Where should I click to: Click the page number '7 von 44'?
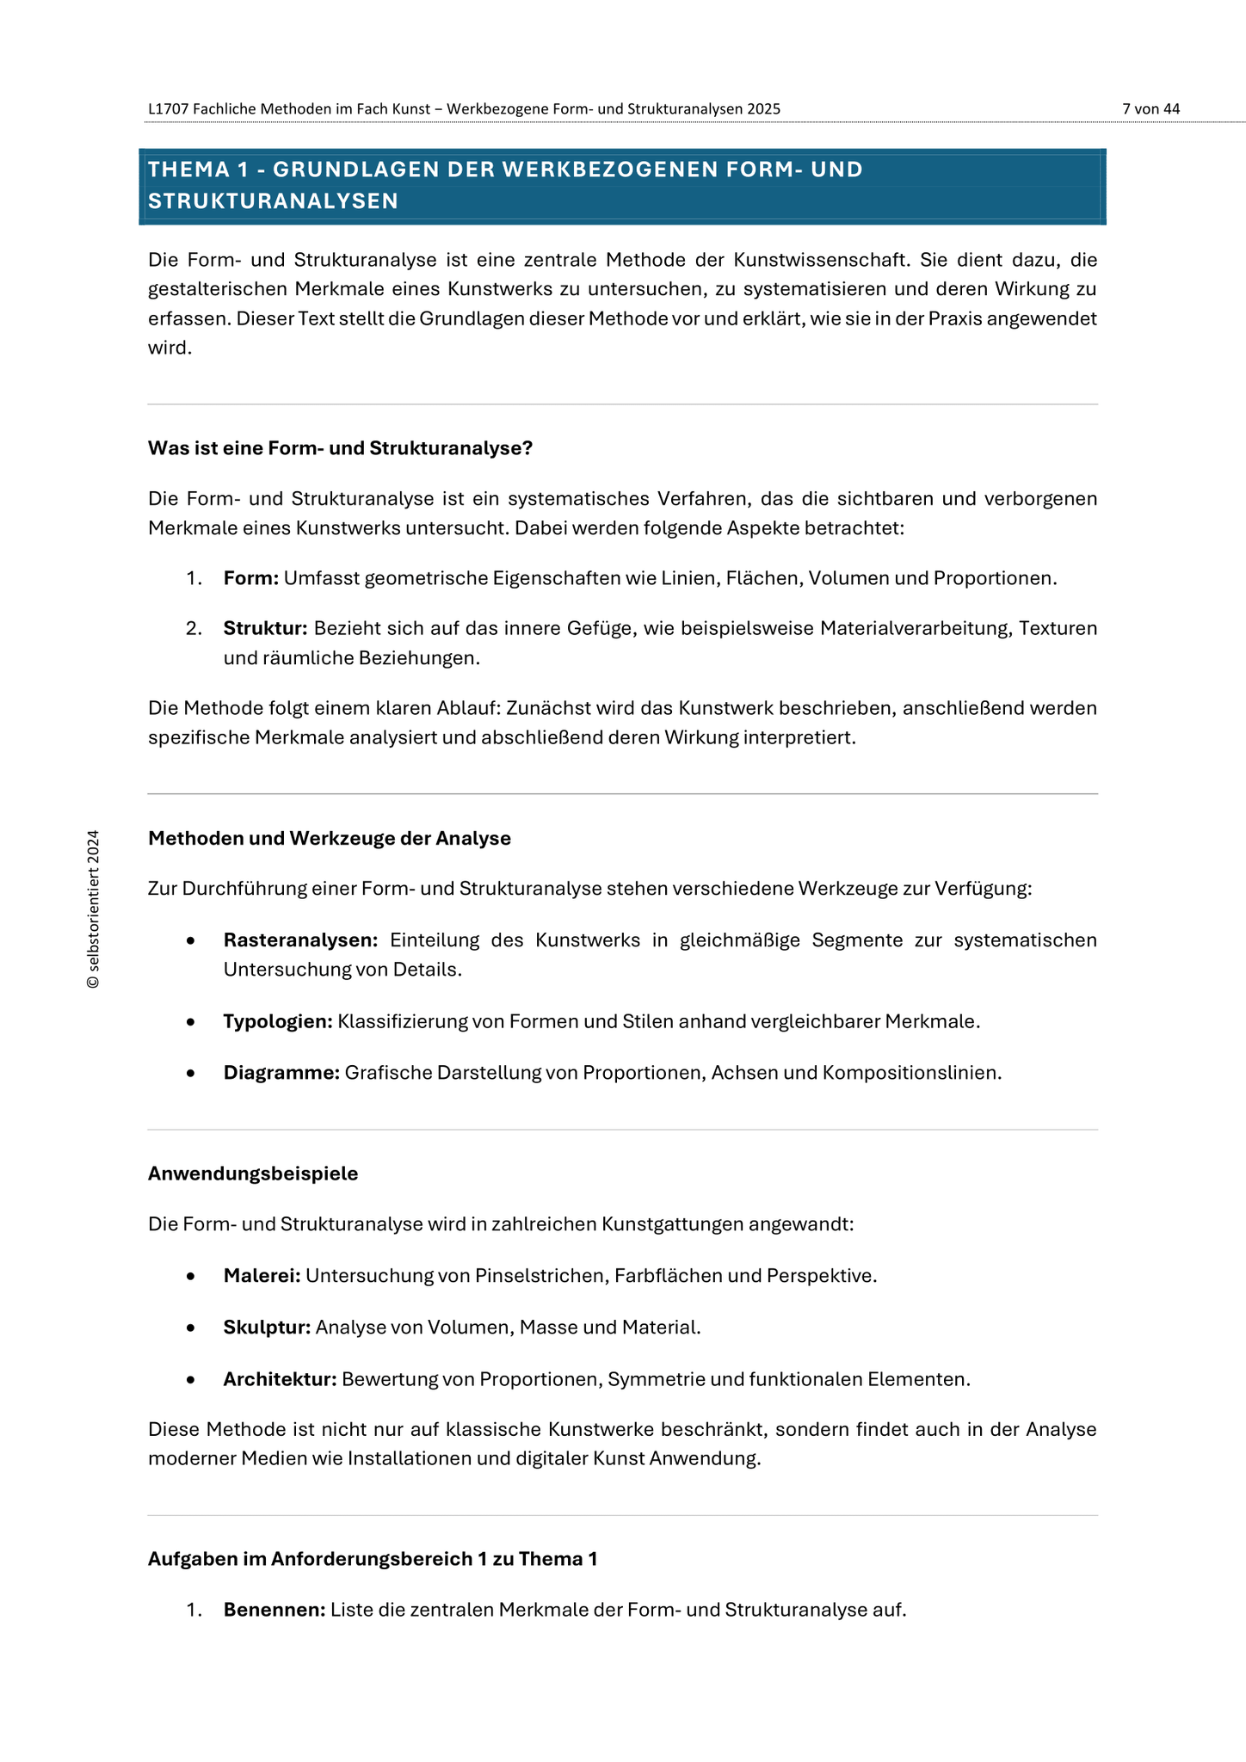click(x=1150, y=108)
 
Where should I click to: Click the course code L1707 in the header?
click(x=167, y=108)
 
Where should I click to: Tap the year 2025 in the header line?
click(x=763, y=108)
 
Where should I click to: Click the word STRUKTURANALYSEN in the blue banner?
click(x=273, y=201)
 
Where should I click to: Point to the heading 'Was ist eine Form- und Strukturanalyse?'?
click(x=340, y=448)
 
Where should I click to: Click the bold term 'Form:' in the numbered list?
click(x=250, y=578)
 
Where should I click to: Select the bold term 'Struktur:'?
click(x=265, y=628)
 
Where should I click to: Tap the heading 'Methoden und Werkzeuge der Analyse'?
click(x=329, y=838)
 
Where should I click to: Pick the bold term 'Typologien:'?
click(x=277, y=1021)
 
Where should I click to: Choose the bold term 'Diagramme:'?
click(x=281, y=1073)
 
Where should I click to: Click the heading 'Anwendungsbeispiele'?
click(x=253, y=1174)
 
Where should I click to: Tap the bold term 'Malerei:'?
click(x=262, y=1275)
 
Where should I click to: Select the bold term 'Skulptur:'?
click(x=267, y=1327)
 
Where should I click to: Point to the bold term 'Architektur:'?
click(x=280, y=1379)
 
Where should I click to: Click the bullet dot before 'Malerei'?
click(x=191, y=1276)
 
